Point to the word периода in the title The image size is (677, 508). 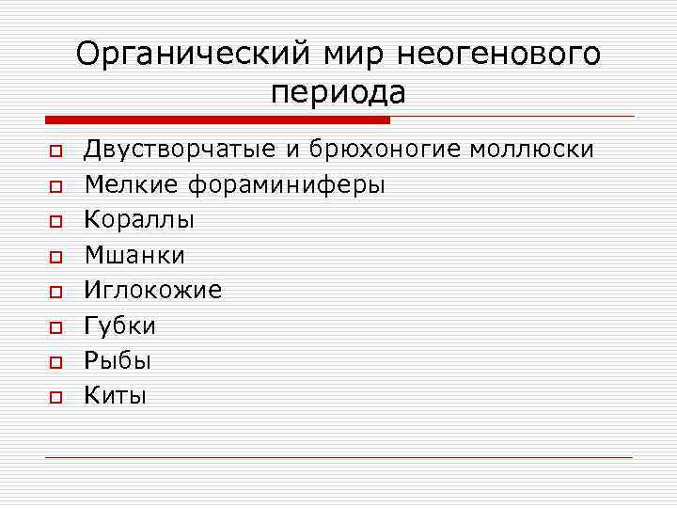[x=338, y=92]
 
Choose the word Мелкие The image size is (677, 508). [x=132, y=185]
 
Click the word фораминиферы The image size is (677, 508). [x=287, y=185]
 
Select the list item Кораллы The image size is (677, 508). [x=140, y=220]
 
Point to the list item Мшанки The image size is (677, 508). [x=134, y=255]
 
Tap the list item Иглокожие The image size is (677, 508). [x=153, y=291]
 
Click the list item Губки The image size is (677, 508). [x=120, y=325]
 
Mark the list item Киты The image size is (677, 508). [x=116, y=396]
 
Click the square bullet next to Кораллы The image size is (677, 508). [x=55, y=222]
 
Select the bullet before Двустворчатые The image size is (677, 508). [x=55, y=151]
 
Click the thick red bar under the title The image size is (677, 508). [x=217, y=119]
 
